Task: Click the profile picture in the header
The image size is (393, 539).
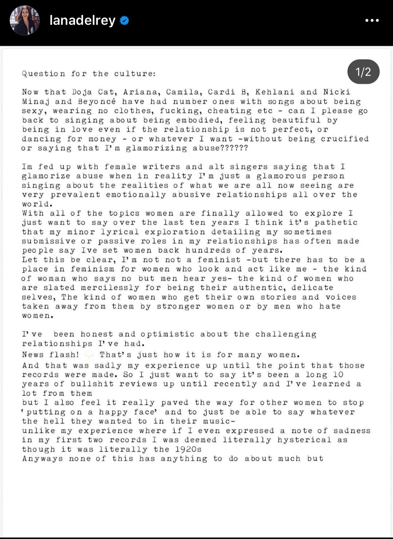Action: [x=25, y=20]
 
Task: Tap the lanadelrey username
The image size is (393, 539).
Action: [x=82, y=21]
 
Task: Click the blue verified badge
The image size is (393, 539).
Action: [x=124, y=21]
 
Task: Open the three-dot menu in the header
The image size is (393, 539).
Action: [x=372, y=21]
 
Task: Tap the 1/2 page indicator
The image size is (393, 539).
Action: [x=363, y=72]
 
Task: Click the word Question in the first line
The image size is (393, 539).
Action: [x=43, y=74]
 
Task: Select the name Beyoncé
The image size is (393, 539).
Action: [x=97, y=102]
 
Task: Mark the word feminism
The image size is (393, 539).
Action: [x=92, y=269]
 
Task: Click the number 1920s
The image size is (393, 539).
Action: [x=188, y=449]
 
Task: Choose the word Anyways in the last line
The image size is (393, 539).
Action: [x=42, y=459]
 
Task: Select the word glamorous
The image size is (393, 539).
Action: [x=281, y=176]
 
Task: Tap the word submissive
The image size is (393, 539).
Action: [x=49, y=241]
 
